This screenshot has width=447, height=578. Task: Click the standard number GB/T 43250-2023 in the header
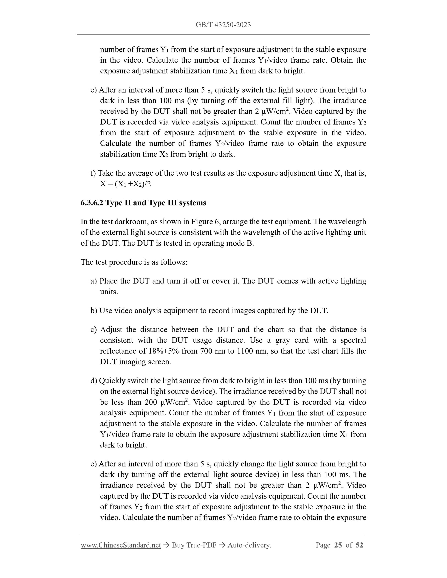coord(223,25)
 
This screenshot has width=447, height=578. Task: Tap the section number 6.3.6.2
coord(92,203)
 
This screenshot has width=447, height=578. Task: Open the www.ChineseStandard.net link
coord(121,545)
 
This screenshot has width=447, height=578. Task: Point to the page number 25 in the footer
coord(338,545)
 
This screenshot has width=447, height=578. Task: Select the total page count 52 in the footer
coord(359,545)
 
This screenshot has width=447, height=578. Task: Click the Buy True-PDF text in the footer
coord(194,545)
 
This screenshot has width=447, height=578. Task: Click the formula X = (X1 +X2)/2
coord(126,184)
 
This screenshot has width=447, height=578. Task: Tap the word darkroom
coord(126,222)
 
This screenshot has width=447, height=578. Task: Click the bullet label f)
coord(93,173)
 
